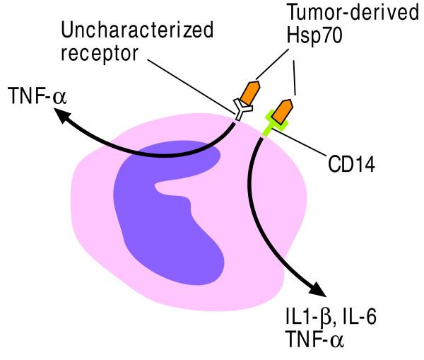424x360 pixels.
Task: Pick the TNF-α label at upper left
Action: coord(36,95)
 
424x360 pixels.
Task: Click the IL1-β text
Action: coord(305,315)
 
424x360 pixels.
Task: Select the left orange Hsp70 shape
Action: coord(249,92)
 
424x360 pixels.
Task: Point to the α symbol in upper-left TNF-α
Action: coord(58,96)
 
